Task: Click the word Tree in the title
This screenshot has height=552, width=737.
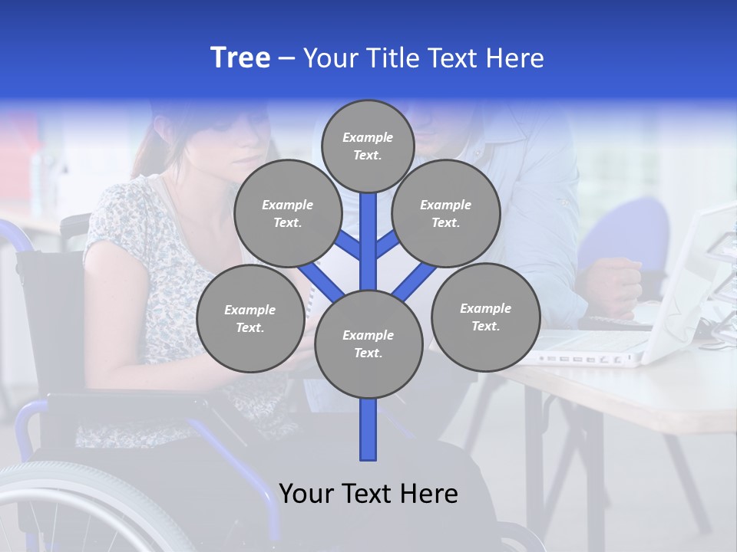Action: [x=240, y=58]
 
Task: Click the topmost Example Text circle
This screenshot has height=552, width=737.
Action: [x=368, y=146]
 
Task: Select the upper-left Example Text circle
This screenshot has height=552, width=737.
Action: [x=287, y=214]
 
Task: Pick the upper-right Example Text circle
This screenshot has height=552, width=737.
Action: [x=445, y=214]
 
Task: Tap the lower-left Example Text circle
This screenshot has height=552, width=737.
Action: [x=250, y=319]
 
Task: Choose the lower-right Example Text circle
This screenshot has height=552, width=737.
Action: [x=485, y=317]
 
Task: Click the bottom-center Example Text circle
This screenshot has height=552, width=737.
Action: [x=368, y=344]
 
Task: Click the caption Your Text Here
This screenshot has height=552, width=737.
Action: [x=368, y=494]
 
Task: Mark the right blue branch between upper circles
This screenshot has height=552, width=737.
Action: [x=388, y=245]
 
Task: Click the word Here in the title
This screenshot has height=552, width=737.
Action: [x=514, y=58]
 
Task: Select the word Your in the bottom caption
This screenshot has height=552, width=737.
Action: [x=306, y=494]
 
